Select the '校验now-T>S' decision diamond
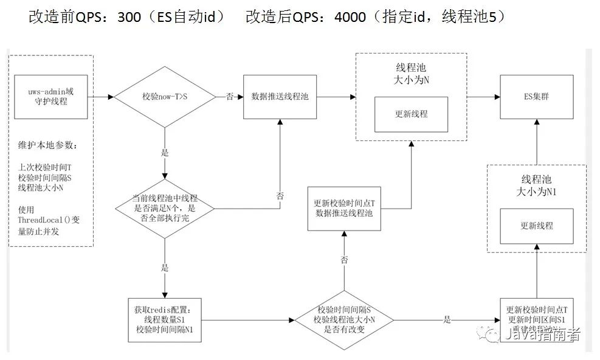(x=165, y=97)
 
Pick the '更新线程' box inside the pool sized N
(x=412, y=114)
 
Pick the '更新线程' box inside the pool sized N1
(x=537, y=226)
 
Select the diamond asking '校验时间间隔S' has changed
(x=344, y=319)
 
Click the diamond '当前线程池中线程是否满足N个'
(x=165, y=209)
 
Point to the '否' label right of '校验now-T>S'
(x=229, y=97)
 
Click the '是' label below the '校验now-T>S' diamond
(x=165, y=153)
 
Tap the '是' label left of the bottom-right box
(x=447, y=319)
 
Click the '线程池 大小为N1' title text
(x=536, y=186)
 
